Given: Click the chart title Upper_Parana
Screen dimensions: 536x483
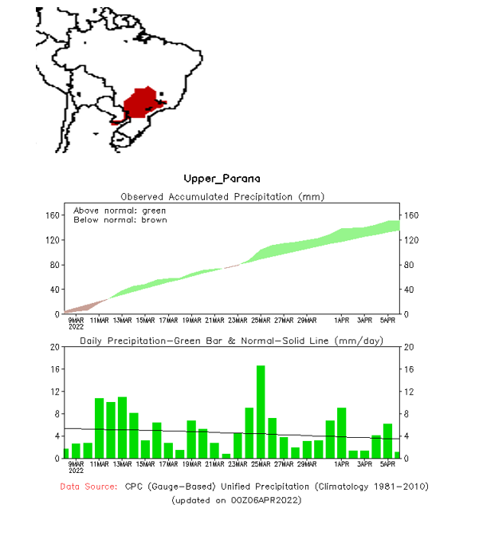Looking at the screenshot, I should [x=222, y=178].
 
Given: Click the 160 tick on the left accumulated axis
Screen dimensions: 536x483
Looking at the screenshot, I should [x=53, y=215].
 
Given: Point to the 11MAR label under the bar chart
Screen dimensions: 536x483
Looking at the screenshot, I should [x=98, y=463].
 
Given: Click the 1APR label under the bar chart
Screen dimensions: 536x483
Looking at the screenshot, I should [x=342, y=463].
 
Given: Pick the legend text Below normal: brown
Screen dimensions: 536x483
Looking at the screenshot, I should [x=120, y=219].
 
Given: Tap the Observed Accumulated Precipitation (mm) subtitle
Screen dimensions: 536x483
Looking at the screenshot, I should [x=222, y=196].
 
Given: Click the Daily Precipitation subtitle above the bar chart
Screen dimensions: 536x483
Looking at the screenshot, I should [x=231, y=341].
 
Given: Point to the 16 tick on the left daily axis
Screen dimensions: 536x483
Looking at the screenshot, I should [x=56, y=369].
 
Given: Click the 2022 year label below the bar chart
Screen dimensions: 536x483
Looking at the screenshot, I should [x=77, y=471].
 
